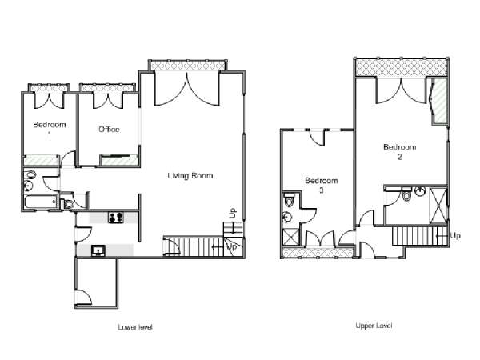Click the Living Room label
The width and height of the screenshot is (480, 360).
click(x=190, y=176)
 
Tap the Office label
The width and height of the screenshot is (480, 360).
click(x=109, y=129)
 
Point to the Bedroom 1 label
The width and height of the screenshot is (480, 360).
click(x=50, y=129)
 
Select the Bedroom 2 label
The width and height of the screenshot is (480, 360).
click(x=399, y=152)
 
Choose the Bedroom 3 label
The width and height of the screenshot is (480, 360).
click(x=321, y=186)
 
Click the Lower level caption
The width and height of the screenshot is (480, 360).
click(x=135, y=327)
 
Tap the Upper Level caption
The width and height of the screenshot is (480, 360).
click(x=374, y=326)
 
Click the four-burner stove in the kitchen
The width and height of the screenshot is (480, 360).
click(x=116, y=218)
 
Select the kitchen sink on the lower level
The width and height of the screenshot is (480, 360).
click(x=98, y=250)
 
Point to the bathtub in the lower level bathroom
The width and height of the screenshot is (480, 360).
click(x=41, y=202)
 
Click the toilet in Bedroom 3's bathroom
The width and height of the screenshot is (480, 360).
click(x=289, y=199)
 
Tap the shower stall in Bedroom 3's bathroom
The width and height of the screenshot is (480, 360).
click(x=291, y=237)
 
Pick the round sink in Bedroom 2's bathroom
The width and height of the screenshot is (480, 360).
click(x=420, y=192)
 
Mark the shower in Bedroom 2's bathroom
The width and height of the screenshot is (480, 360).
click(x=438, y=206)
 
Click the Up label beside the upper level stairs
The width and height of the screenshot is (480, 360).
click(x=455, y=236)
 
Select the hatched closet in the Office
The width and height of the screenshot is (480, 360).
click(x=119, y=161)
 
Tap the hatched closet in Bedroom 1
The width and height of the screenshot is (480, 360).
click(x=41, y=160)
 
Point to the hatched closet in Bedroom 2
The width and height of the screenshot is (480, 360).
click(x=440, y=101)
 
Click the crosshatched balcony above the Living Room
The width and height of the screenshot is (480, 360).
click(x=188, y=66)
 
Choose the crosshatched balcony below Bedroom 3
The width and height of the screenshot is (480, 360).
click(x=317, y=252)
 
